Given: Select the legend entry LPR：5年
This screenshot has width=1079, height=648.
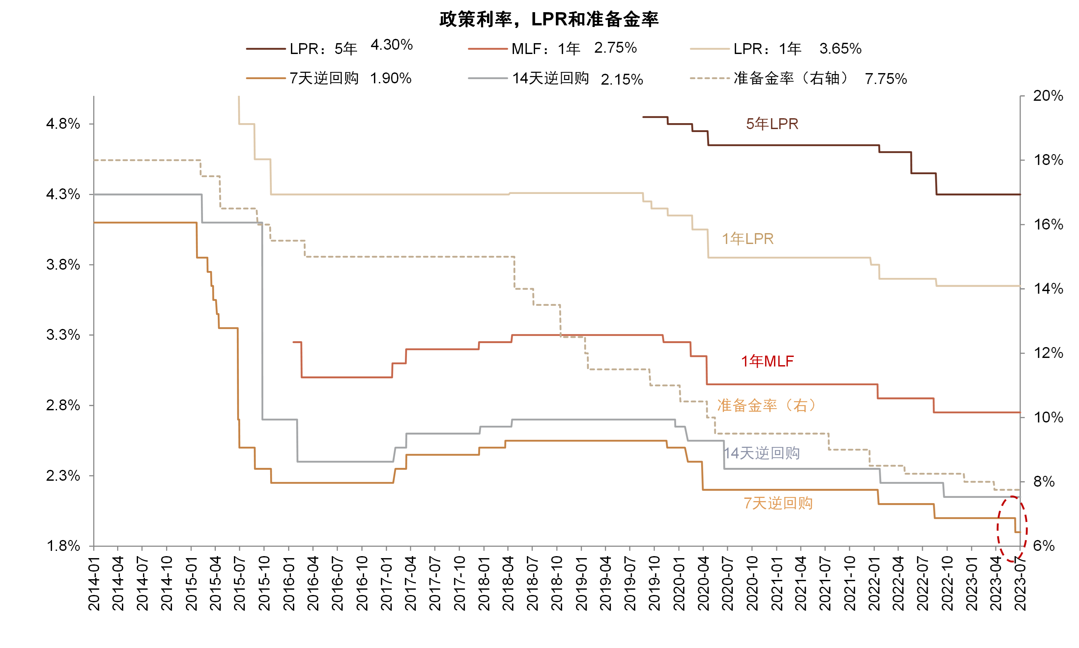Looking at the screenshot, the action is (323, 48).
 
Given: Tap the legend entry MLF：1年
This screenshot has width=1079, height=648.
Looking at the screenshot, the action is (546, 48).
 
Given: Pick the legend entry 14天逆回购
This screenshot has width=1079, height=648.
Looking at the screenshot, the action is (551, 78).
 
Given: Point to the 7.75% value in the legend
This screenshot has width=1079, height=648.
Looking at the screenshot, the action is (886, 79).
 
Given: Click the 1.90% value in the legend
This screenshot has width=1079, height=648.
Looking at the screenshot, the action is (390, 78).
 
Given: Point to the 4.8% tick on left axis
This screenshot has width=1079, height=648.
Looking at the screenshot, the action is (63, 124).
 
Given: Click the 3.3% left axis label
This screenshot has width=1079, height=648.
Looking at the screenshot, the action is (63, 335).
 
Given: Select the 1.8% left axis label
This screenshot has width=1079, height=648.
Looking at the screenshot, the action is (63, 546).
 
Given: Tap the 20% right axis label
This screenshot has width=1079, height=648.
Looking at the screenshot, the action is (1048, 95).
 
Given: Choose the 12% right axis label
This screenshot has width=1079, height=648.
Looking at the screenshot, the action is (1048, 353).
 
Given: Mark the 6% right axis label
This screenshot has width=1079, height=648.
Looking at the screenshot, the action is (1044, 546).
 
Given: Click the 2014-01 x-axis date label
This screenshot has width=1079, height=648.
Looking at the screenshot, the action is (94, 583).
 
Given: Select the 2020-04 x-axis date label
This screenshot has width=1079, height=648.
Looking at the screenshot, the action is (703, 583).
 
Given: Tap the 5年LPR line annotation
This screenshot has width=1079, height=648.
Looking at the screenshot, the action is (772, 124).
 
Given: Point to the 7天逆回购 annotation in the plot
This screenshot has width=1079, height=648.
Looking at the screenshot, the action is (778, 503).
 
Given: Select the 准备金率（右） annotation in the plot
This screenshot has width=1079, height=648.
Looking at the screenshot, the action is (767, 406).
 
